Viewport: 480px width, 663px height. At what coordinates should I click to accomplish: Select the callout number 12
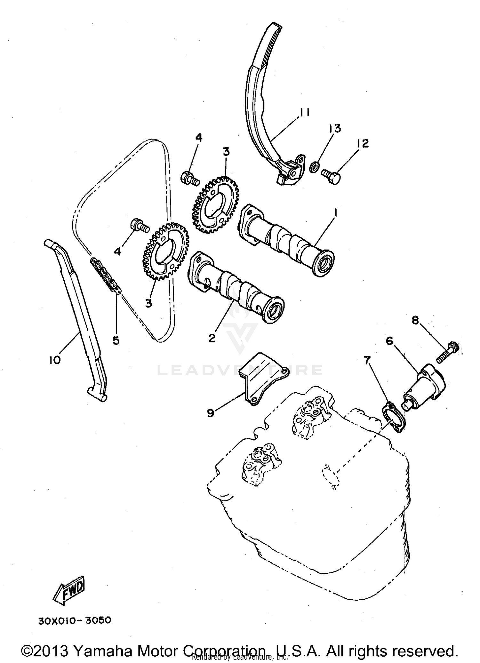tap(361, 143)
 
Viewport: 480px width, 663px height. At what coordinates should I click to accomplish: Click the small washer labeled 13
tap(315, 166)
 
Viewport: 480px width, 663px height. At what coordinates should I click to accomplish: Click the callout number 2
tap(212, 338)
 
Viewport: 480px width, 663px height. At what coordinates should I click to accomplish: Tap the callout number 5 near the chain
tap(116, 340)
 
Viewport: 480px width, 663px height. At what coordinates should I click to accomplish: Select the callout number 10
tap(55, 360)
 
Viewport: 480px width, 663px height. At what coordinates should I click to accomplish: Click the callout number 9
tap(210, 413)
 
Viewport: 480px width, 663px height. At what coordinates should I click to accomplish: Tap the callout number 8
tap(415, 321)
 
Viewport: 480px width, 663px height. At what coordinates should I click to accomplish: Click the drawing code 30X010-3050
tap(75, 620)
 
